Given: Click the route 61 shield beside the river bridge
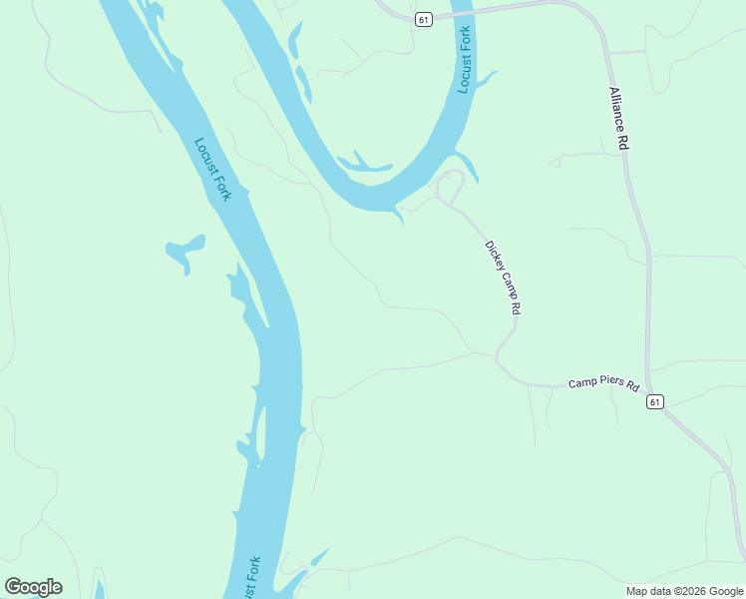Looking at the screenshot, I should coord(425,20).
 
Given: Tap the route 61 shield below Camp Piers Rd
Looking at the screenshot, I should coord(654,401).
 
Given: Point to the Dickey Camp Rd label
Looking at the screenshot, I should coord(503,279).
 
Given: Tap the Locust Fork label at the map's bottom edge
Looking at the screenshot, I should coord(252,578).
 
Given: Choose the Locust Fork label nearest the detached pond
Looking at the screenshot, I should coord(212,169).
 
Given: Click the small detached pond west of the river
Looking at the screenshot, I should coord(185,250).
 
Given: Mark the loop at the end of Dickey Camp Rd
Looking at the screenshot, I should coord(451,186).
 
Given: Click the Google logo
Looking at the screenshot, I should coord(33,587).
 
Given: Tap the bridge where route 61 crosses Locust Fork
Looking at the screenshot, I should coord(460,13).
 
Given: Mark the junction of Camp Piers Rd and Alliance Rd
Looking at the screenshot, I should coord(648,388).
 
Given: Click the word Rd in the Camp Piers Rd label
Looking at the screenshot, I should coord(632,385).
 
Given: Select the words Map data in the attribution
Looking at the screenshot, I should coord(649,591).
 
